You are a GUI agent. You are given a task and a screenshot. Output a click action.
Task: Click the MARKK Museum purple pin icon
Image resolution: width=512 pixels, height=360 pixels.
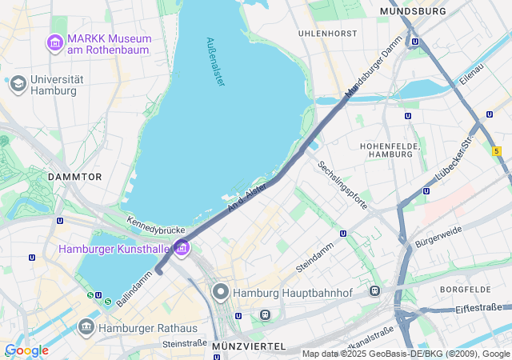point(55,41)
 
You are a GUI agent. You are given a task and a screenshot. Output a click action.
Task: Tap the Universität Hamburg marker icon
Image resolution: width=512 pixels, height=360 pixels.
point(18,83)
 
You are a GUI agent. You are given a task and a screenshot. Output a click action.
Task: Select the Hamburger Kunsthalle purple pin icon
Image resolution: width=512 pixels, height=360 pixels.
point(181,249)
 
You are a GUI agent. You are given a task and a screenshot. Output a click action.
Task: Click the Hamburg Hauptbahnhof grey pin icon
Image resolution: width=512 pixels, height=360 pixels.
point(221,293)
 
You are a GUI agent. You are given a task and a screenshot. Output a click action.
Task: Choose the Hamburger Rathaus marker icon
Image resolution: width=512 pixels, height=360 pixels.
point(86,327)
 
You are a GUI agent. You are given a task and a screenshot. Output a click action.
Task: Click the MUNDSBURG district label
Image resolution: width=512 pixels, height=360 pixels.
point(413,12)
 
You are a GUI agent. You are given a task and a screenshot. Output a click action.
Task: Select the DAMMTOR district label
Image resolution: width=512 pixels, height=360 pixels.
point(74,176)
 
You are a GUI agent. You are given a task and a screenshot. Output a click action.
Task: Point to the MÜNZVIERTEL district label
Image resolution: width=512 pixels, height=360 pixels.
point(249,346)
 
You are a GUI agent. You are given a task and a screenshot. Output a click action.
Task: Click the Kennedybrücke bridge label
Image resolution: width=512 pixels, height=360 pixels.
point(156,225)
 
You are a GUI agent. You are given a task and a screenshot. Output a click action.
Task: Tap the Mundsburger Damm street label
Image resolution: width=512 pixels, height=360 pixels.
point(373,72)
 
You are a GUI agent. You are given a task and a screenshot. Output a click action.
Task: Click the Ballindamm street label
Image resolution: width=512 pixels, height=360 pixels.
point(134,289)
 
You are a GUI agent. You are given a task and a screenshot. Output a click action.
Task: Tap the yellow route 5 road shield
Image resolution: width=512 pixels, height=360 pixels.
point(497,150)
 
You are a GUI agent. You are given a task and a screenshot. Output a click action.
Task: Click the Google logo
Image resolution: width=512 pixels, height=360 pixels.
point(26,350)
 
